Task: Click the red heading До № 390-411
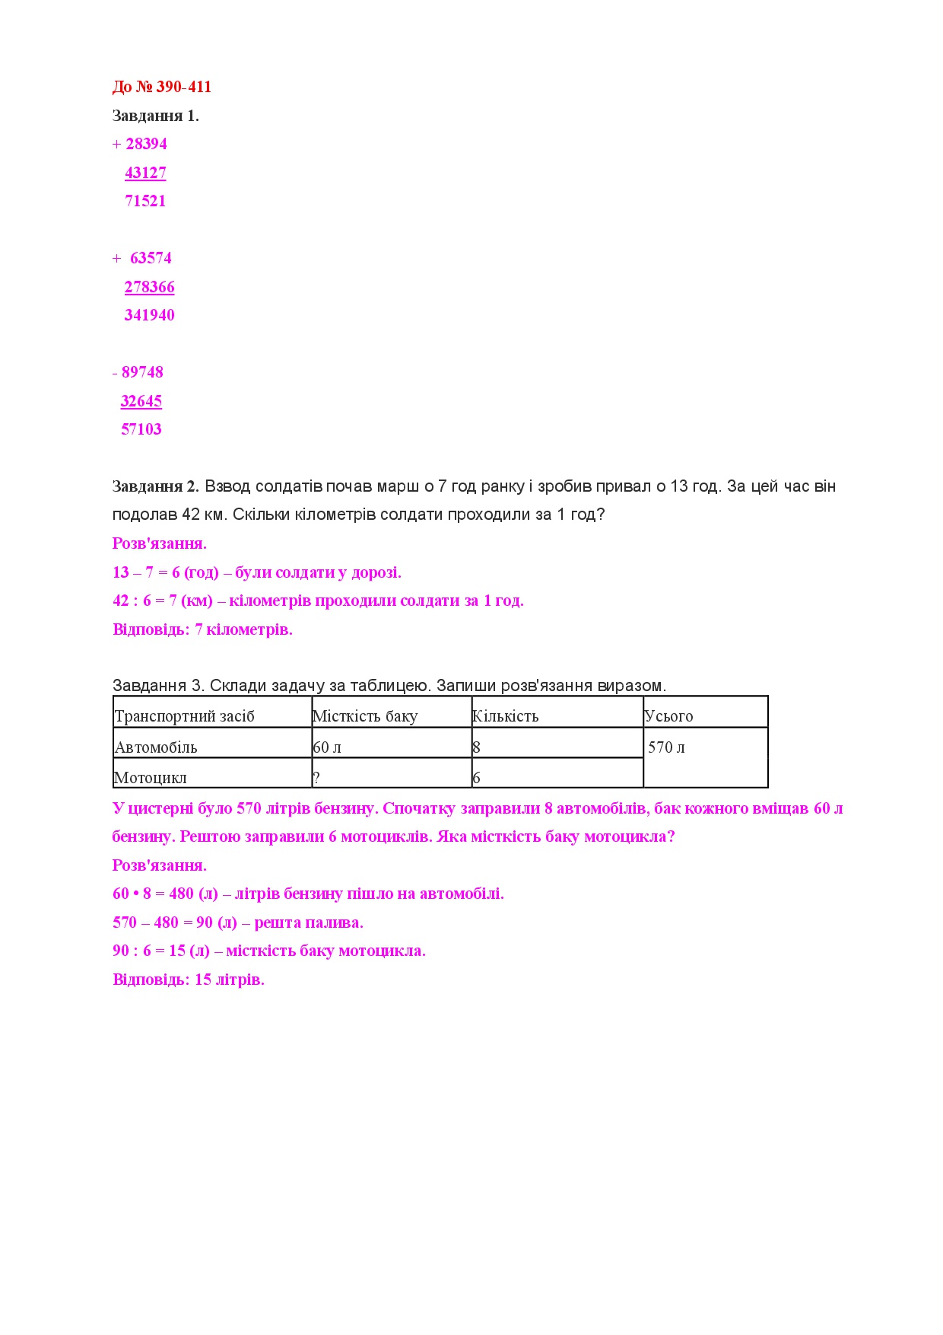tap(161, 87)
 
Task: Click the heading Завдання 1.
tap(155, 116)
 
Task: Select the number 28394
tap(146, 144)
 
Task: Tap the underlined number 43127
tap(145, 173)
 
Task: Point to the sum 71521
tap(145, 201)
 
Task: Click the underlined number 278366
tap(150, 287)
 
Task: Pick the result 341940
tap(150, 315)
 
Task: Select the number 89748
tap(142, 372)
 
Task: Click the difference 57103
tap(141, 429)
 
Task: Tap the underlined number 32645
tap(141, 401)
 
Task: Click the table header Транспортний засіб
tap(184, 716)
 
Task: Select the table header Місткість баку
tap(365, 716)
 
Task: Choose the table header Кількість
tap(505, 716)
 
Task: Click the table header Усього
tap(668, 716)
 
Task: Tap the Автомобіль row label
tap(156, 747)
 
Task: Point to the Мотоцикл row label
tap(151, 778)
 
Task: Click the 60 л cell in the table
tap(327, 747)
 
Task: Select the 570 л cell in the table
tap(666, 747)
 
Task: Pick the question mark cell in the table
tap(316, 778)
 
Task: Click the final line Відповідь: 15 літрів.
tap(189, 980)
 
